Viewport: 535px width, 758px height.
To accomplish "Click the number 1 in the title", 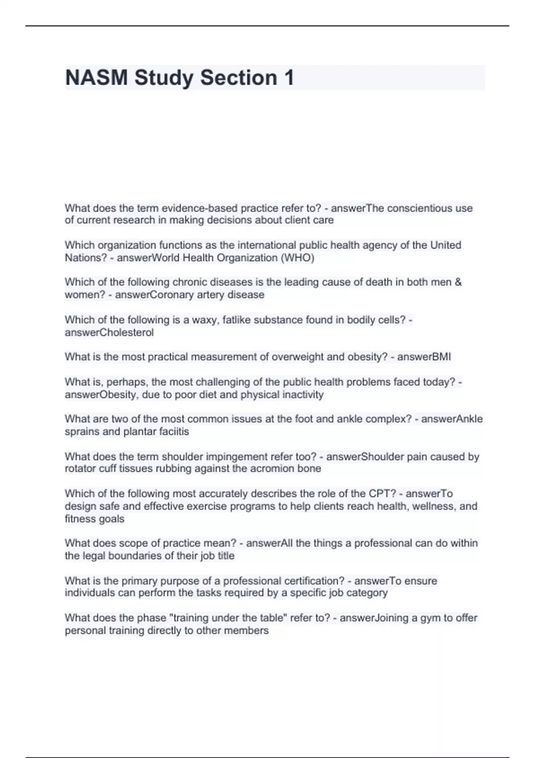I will click(288, 78).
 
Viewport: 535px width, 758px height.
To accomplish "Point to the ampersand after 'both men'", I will click(458, 282).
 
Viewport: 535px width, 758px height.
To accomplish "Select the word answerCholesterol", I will click(109, 332).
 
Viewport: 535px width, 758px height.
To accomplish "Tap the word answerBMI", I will click(424, 357).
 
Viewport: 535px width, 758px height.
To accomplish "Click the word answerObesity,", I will click(102, 395).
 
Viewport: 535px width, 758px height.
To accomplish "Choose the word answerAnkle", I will click(452, 419).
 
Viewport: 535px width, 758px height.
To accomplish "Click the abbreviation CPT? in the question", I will click(382, 494).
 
